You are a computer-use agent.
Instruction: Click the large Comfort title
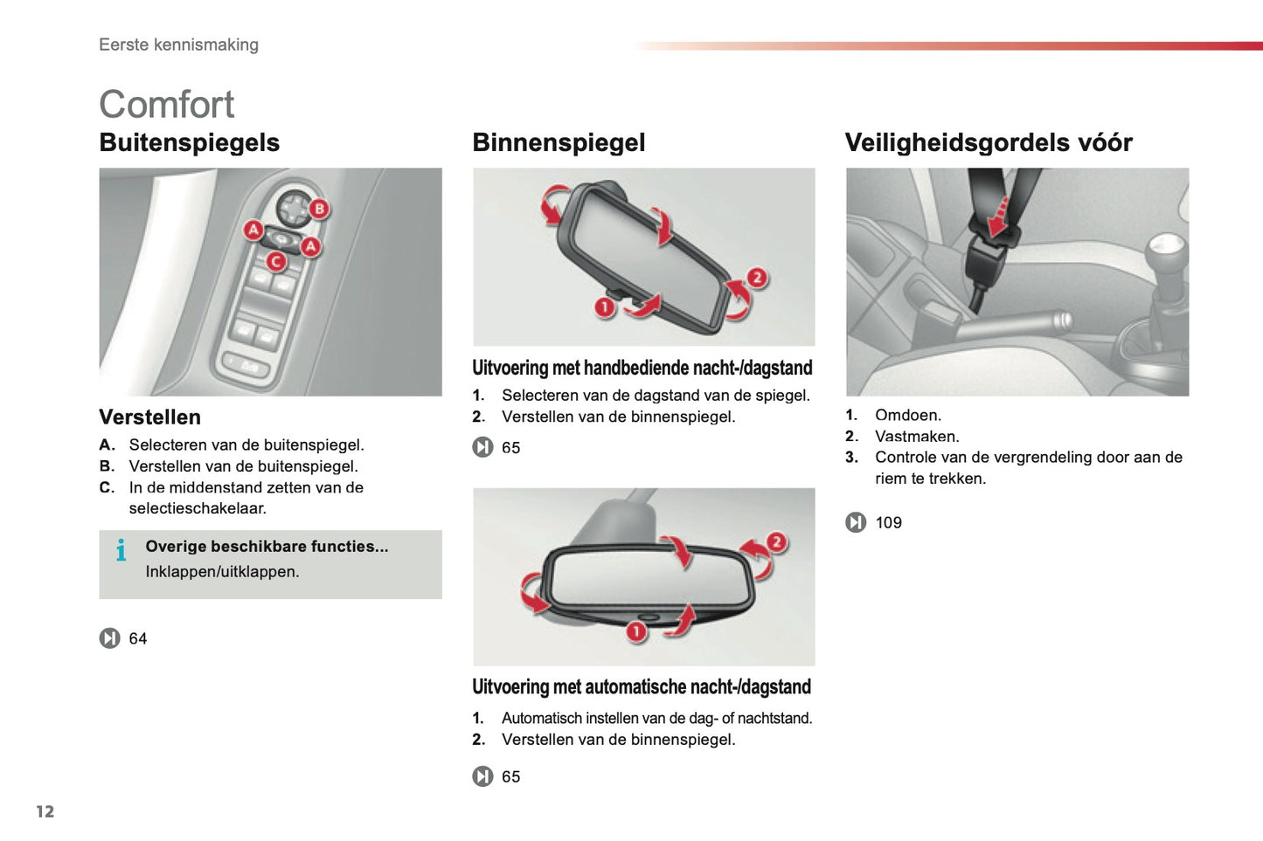166,105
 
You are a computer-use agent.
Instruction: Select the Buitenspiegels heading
189,142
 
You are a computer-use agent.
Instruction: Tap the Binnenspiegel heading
559,142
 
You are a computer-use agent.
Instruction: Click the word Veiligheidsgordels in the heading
957,142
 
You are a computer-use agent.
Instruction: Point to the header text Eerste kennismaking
178,45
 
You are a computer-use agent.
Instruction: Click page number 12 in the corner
45,811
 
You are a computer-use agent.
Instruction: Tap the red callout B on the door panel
319,209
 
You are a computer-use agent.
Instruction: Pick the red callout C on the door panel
276,260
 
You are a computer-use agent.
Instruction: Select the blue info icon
121,550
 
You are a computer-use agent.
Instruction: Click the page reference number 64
138,638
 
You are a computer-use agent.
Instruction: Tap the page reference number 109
888,522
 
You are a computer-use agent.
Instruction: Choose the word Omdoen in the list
907,415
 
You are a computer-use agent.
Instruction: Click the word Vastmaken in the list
916,436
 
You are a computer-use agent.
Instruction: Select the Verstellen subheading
149,417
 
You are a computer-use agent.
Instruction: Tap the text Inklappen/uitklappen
222,571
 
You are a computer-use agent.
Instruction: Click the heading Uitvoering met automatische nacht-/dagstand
642,686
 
